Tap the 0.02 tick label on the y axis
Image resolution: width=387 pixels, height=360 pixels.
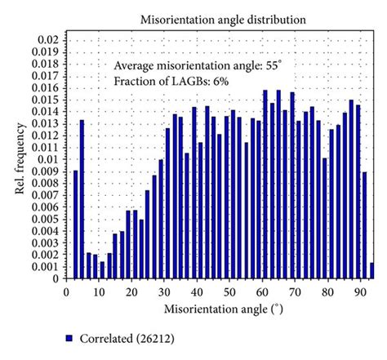[47, 39]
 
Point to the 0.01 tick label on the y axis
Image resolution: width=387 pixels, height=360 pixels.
[47, 158]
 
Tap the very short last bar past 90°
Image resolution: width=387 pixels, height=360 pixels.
[371, 270]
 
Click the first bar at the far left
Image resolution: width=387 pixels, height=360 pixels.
[75, 224]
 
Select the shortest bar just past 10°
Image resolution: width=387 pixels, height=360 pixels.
[102, 269]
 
